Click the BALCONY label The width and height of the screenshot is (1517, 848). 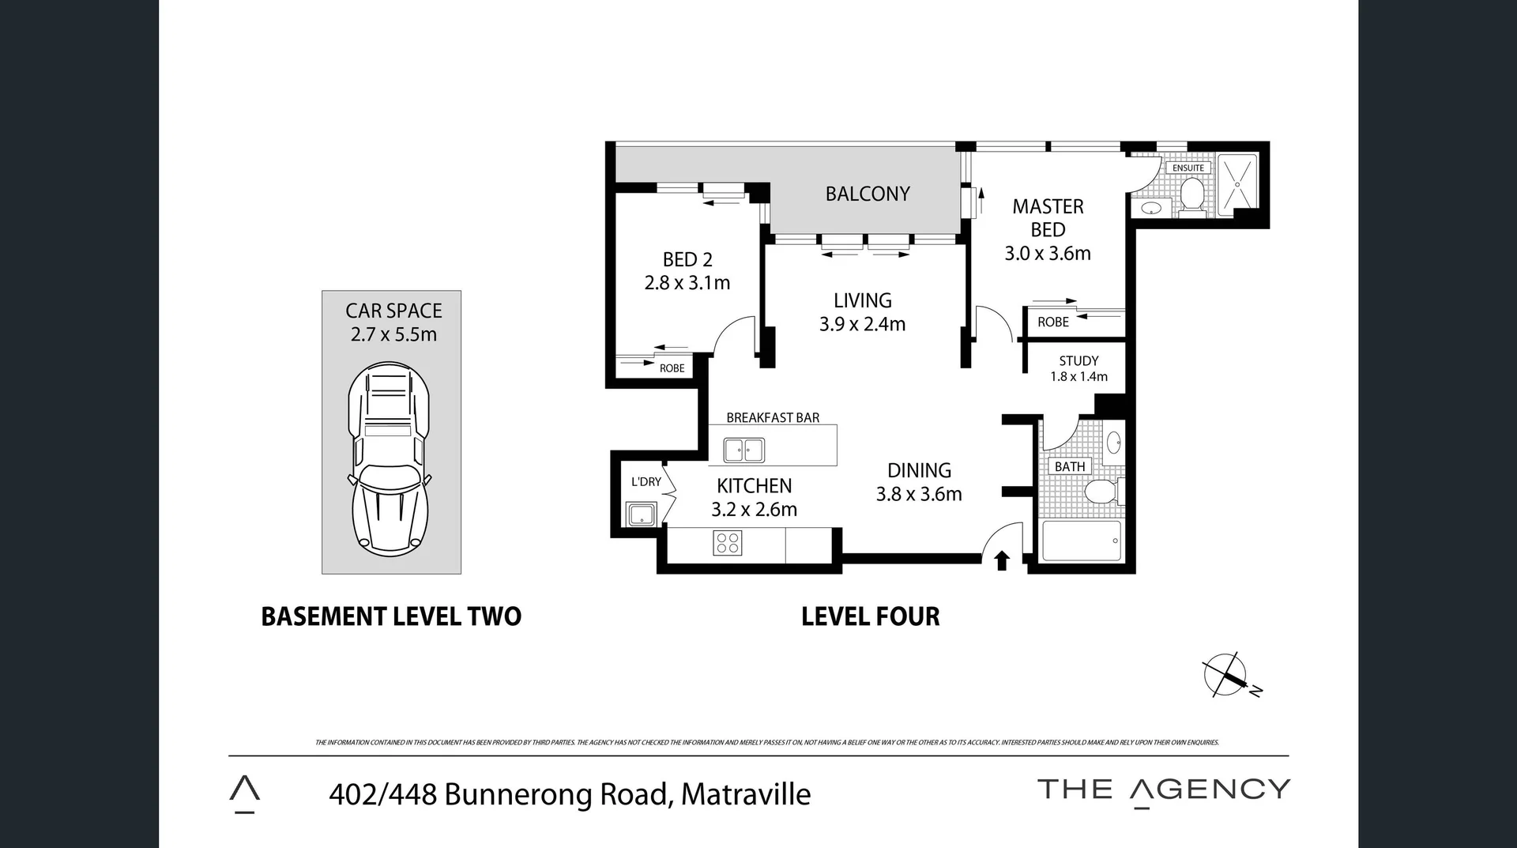[x=868, y=194]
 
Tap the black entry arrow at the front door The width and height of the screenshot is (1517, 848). [x=1001, y=560]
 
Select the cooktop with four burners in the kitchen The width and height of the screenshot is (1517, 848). [x=727, y=543]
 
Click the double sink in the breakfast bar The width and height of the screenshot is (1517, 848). [x=744, y=450]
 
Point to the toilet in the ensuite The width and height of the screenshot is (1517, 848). [x=1191, y=194]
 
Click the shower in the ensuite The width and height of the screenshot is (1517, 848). [x=1237, y=184]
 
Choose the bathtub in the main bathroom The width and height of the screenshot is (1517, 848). [x=1082, y=541]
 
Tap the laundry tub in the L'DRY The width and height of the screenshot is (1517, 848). [x=641, y=514]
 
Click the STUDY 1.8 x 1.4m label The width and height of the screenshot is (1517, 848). [x=1078, y=368]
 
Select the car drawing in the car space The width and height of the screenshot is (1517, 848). [x=390, y=458]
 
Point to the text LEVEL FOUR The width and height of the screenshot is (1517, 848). [x=870, y=616]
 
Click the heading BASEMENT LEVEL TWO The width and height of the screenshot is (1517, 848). [x=391, y=616]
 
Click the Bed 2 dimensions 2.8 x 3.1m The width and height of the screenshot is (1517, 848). [x=687, y=283]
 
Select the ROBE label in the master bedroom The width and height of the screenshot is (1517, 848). [x=1052, y=322]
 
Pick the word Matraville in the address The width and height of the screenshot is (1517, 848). [x=745, y=794]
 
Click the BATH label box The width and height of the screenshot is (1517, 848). [x=1070, y=466]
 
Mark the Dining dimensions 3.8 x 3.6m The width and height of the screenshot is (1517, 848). [x=919, y=495]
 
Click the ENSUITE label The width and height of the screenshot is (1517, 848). [x=1188, y=168]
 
